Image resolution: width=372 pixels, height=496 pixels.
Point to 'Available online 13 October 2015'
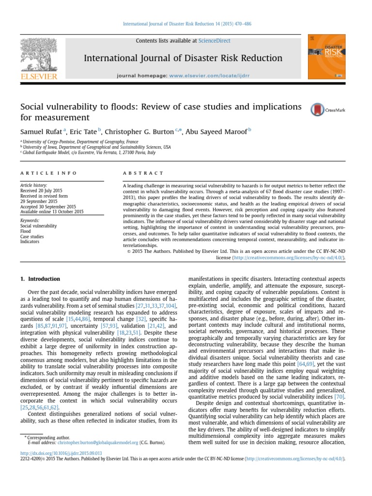coord(52,212)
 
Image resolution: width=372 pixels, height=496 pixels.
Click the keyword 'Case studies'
coord(32,237)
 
